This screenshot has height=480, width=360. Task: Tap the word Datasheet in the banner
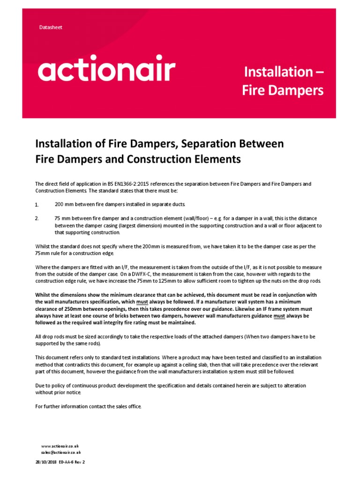[51, 27]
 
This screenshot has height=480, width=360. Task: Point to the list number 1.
[37, 205]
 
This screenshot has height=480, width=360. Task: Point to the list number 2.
[37, 218]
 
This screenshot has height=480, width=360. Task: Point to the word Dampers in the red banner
[295, 90]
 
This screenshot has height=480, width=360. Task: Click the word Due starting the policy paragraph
[40, 385]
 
